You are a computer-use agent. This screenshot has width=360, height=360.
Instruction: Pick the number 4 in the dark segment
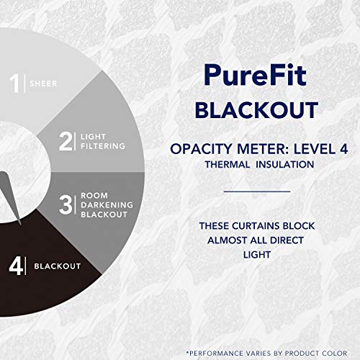pos(14,266)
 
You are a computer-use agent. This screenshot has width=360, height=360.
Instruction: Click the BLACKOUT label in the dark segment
pos(58,266)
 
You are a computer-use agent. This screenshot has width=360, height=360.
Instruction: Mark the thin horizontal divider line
pos(256,192)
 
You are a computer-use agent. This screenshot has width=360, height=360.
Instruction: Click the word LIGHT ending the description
pos(256,256)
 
